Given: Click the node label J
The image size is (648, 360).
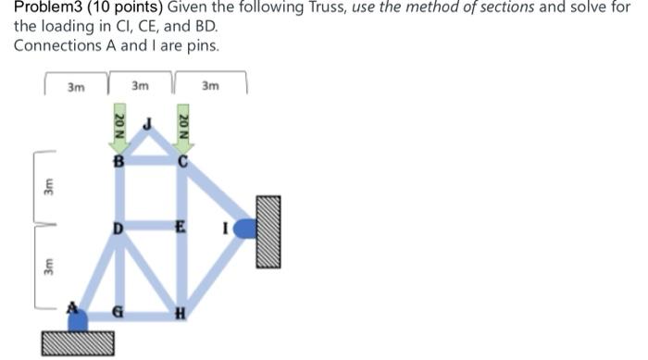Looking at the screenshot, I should click(x=146, y=124).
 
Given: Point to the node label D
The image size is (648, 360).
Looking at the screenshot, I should click(x=118, y=228).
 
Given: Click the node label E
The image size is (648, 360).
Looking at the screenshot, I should click(x=181, y=226).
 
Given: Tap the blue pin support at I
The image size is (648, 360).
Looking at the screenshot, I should click(x=245, y=228).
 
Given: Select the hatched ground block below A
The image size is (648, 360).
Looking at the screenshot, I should click(x=78, y=342).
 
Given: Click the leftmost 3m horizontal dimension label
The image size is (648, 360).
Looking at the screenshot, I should click(x=76, y=87).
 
